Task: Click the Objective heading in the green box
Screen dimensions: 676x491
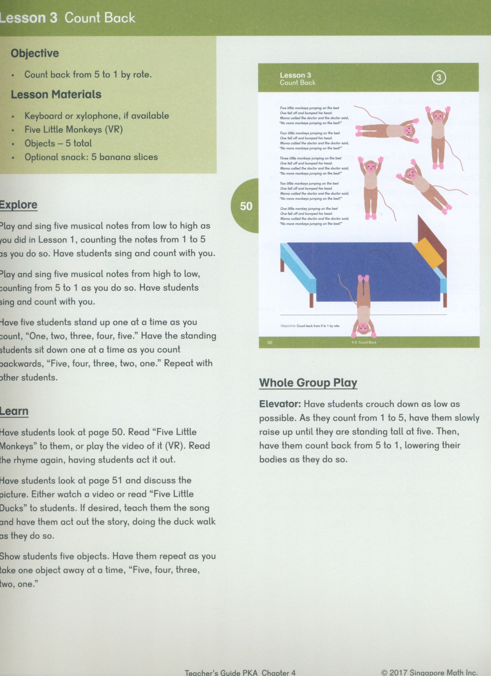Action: pos(35,53)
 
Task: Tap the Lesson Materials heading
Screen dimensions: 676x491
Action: pos(56,95)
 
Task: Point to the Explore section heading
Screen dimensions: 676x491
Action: pos(18,205)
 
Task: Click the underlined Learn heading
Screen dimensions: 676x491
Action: pos(14,411)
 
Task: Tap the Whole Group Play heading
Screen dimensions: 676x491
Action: pos(308,383)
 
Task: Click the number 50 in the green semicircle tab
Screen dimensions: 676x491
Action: pos(246,206)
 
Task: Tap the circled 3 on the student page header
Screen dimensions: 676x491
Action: pos(438,78)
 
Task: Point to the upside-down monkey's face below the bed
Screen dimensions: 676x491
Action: pos(363,328)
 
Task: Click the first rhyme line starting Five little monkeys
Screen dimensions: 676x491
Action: pos(309,108)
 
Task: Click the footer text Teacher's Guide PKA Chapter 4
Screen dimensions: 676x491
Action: pos(240,672)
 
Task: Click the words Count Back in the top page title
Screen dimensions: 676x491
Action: pos(100,18)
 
